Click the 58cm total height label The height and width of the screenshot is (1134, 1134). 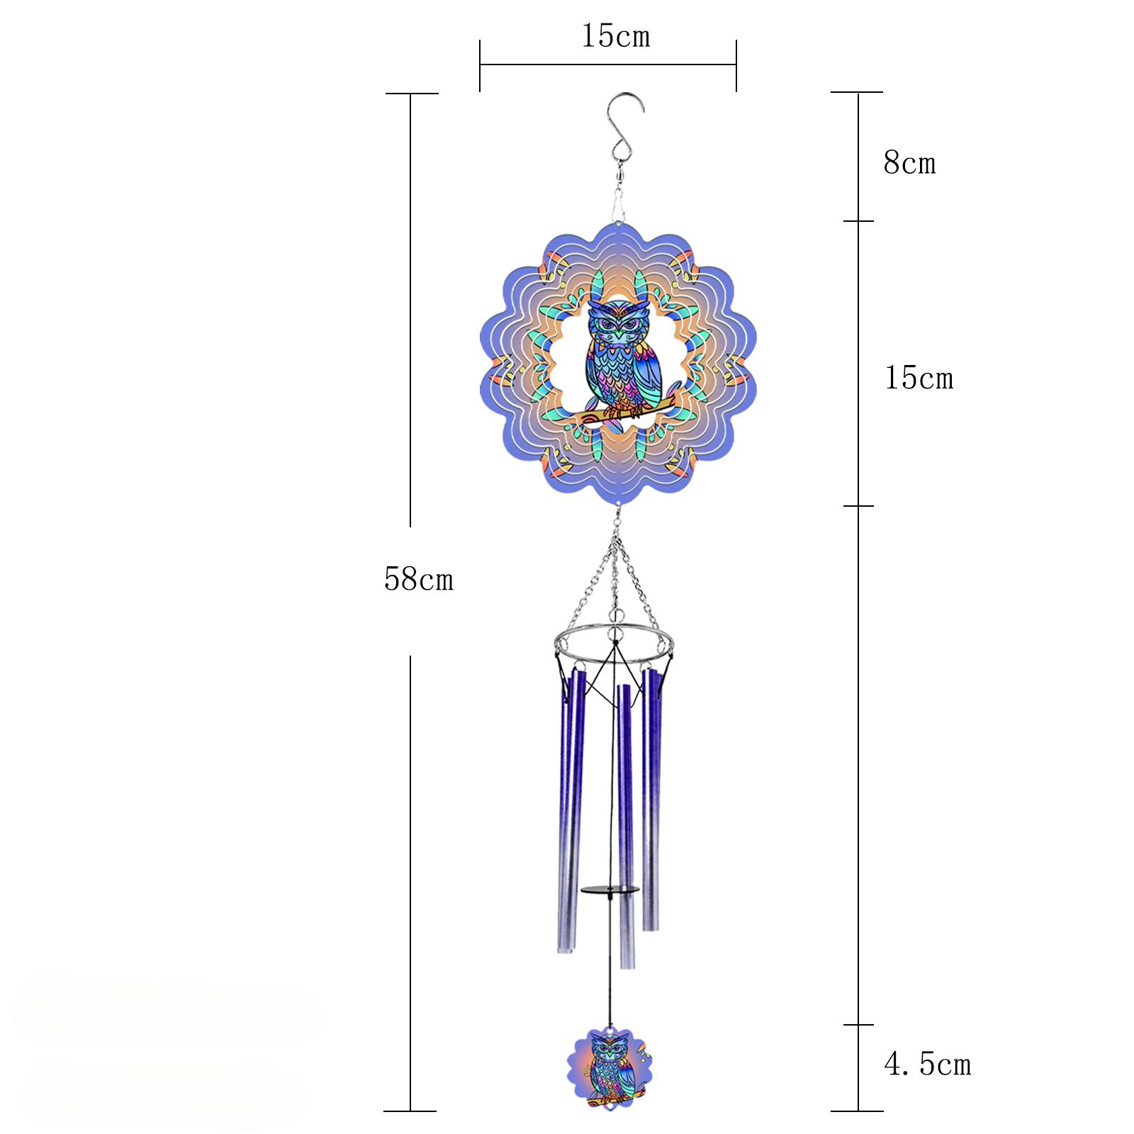click(418, 580)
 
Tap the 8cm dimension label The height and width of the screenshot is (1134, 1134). click(909, 164)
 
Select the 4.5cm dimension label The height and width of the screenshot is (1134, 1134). click(927, 1065)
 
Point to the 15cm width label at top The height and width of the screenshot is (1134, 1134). click(615, 36)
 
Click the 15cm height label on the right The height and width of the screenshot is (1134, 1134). click(919, 378)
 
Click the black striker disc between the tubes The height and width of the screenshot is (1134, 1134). click(610, 889)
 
